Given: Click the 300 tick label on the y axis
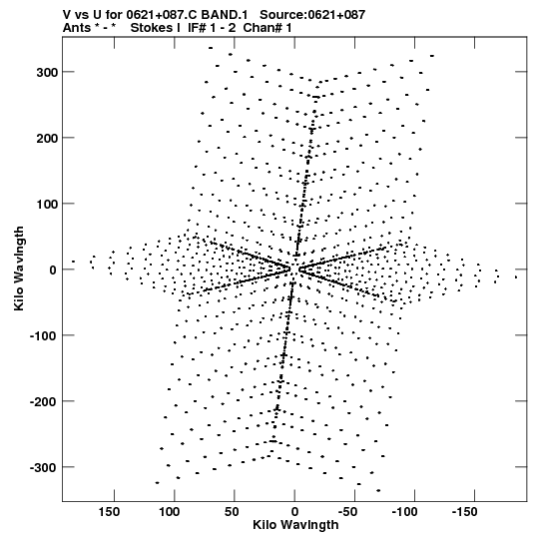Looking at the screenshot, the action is (x=47, y=72).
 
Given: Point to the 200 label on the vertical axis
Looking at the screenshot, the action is (x=47, y=138).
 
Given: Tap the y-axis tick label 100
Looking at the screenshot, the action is (x=47, y=204).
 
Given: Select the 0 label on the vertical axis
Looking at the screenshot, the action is (x=53, y=270).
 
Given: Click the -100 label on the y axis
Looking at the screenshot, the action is (x=43, y=335).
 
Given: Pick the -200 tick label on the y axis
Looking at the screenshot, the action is (x=43, y=401).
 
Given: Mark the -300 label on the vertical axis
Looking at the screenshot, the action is (x=43, y=468).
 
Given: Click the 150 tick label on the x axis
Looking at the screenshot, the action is (x=110, y=512).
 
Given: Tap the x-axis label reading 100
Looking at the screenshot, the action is (x=170, y=512).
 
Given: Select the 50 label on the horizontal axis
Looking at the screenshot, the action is (x=232, y=512).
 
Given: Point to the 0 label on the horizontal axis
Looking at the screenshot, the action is (x=294, y=512).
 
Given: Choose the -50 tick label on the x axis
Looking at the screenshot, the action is (x=351, y=512).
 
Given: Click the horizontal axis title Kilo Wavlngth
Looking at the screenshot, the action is (x=295, y=525).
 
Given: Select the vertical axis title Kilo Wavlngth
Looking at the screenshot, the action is (x=19, y=269).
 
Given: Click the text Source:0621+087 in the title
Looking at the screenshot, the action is (x=312, y=15).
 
